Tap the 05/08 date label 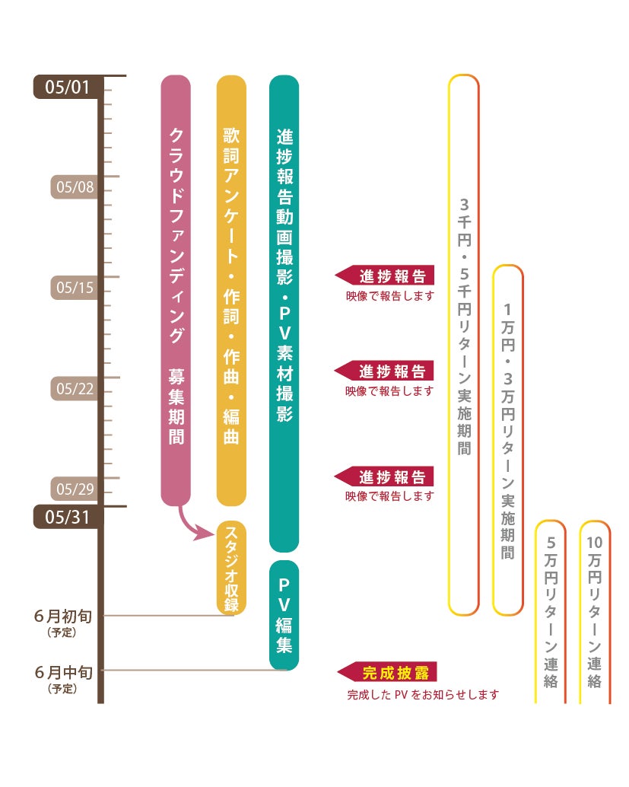coord(75,187)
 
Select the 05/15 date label coord(75,288)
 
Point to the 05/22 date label coord(75,389)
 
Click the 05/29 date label coord(75,489)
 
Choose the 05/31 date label coord(67,518)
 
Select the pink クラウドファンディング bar coord(176,289)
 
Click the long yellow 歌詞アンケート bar coord(231,289)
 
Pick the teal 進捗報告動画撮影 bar coord(284,312)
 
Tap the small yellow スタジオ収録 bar coord(231,568)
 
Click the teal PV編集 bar coord(284,615)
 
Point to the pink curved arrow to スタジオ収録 coord(195,526)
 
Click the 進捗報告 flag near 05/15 coord(386,276)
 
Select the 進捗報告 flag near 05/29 coord(386,477)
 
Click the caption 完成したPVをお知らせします coord(423,695)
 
